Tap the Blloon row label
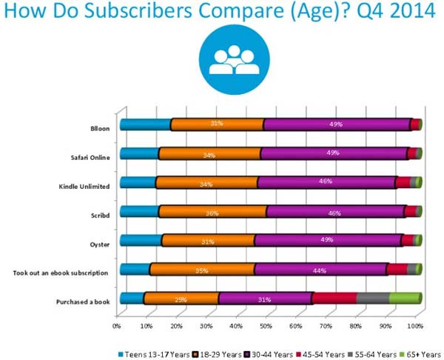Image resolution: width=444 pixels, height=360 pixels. coord(100,128)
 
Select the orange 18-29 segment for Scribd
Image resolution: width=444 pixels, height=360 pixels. coord(212,212)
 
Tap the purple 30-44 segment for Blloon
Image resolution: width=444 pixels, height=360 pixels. coord(337,124)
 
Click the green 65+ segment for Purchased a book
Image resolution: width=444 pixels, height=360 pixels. coord(404,298)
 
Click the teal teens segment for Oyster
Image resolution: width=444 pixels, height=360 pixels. coord(141,240)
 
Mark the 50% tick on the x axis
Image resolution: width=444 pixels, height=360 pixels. coord(266,325)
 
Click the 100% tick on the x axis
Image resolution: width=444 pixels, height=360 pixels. coord(416,325)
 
